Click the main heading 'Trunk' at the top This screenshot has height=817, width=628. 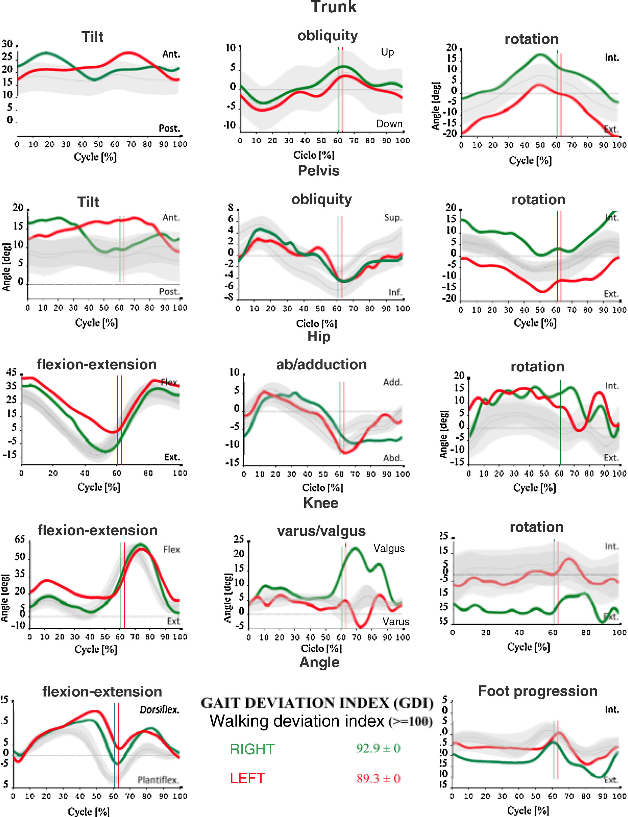[x=333, y=8]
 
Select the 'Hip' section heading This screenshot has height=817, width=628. [x=319, y=337]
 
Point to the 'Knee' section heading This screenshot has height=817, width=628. [x=321, y=503]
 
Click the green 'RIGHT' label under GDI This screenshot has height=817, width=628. [x=252, y=749]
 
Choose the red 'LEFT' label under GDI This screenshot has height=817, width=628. [x=247, y=779]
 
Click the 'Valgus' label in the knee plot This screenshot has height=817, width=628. [x=389, y=549]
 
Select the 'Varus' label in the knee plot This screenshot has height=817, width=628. [x=396, y=622]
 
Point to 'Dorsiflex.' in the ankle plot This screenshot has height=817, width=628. [x=159, y=710]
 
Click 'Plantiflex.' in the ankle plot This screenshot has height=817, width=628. [x=158, y=780]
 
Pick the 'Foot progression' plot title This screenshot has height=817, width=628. [x=538, y=691]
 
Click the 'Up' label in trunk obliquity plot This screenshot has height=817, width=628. [x=387, y=52]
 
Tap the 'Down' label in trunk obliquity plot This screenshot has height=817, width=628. [x=389, y=124]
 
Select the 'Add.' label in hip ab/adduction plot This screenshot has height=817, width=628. [x=393, y=382]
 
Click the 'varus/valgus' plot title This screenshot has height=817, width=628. [x=321, y=531]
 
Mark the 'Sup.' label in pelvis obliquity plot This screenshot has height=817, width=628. [x=393, y=218]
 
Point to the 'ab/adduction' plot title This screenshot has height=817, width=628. [x=321, y=364]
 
